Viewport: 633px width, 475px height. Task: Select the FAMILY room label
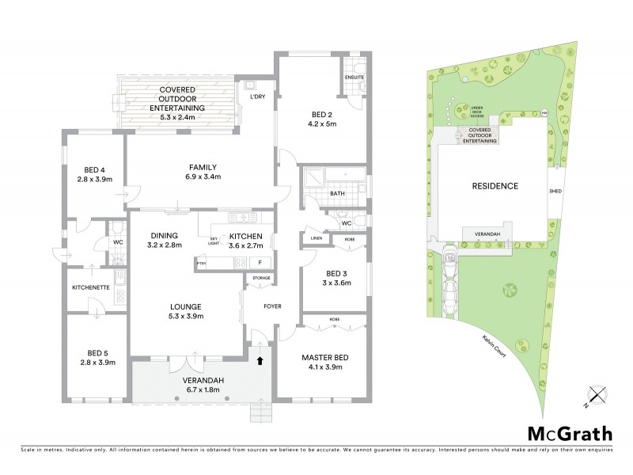203,167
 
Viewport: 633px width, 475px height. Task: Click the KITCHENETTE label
90,287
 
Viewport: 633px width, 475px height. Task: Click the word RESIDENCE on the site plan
495,187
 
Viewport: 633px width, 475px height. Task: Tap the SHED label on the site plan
555,192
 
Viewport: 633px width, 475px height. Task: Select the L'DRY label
257,97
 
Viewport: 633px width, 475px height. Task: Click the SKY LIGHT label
214,241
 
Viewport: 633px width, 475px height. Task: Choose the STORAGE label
261,279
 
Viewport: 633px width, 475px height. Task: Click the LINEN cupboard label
315,238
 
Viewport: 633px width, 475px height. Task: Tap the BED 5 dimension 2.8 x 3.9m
97,363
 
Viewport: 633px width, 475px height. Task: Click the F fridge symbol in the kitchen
259,262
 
